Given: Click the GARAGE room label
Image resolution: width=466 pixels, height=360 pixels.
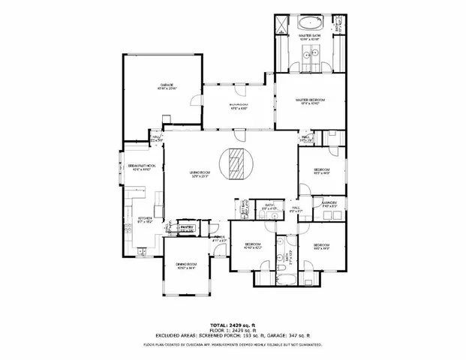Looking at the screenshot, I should point(165,85).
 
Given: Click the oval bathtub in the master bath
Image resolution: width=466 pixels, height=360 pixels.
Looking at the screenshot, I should point(310,21).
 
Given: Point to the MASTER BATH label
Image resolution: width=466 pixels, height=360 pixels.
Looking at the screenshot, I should point(310,36).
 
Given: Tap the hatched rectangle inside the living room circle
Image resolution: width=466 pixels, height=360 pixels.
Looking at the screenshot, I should point(237,163).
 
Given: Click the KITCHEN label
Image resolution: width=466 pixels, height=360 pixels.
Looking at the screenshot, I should point(146,220).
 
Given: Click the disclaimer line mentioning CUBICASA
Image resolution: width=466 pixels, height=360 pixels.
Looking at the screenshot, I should point(233,345).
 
